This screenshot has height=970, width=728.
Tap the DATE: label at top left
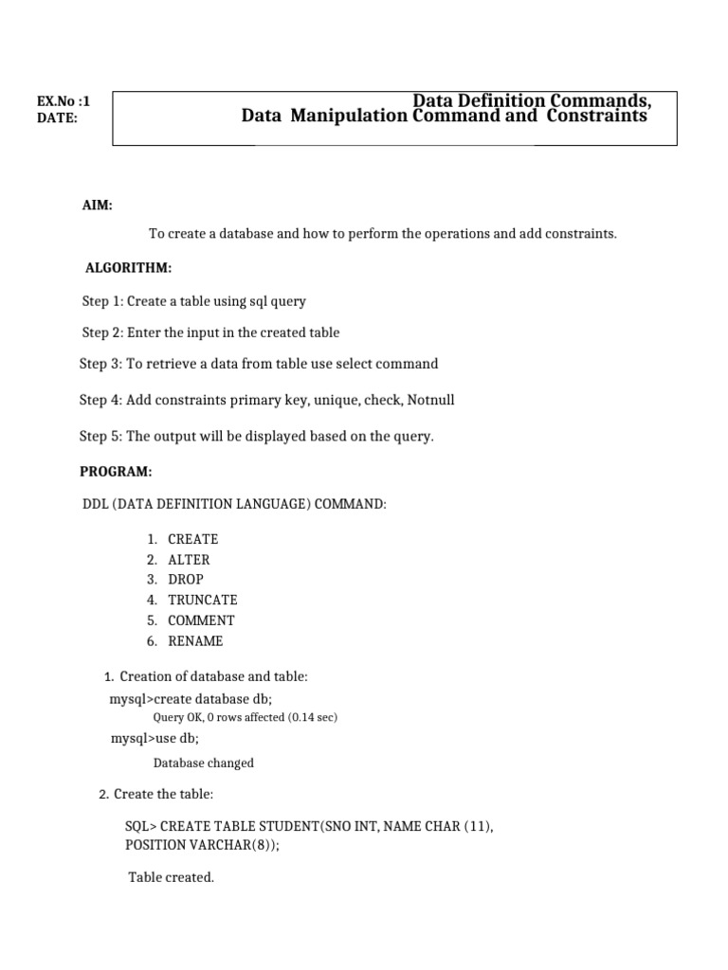57,118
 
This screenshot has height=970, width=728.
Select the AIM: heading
98,206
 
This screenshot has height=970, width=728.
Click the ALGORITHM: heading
128,269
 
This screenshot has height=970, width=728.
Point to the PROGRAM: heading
116,472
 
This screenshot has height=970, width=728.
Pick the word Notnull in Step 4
430,400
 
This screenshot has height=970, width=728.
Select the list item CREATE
192,539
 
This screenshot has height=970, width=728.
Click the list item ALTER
189,560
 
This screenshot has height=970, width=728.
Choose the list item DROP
186,579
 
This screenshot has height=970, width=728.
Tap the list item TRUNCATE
203,600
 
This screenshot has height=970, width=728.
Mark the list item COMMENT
201,620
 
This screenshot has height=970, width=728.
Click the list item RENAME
195,641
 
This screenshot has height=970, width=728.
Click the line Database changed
203,763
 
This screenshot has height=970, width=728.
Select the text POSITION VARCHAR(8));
203,845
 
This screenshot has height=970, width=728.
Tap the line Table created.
172,877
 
